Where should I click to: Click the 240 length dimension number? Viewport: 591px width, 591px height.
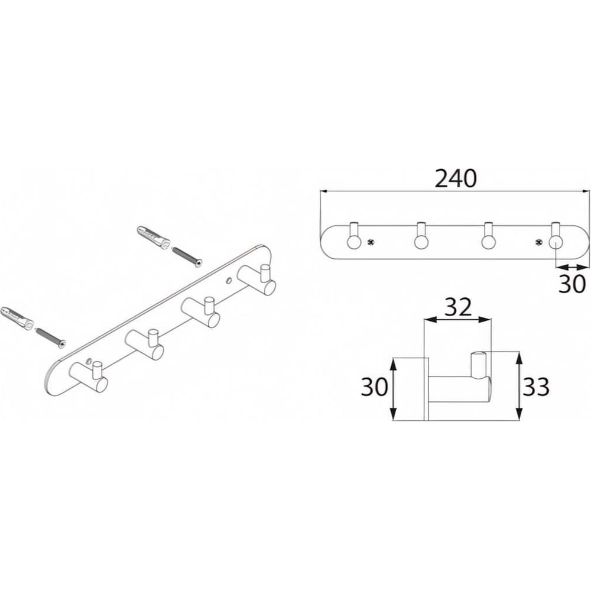pyautogui.click(x=456, y=178)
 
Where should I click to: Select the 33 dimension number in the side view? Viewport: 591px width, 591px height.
pyautogui.click(x=535, y=387)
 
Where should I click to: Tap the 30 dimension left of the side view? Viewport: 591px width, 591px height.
pyautogui.click(x=374, y=387)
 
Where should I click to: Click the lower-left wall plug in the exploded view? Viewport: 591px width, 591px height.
pyautogui.click(x=17, y=317)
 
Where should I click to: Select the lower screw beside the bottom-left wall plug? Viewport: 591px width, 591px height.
pyautogui.click(x=50, y=336)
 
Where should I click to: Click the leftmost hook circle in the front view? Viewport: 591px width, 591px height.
pyautogui.click(x=354, y=242)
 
